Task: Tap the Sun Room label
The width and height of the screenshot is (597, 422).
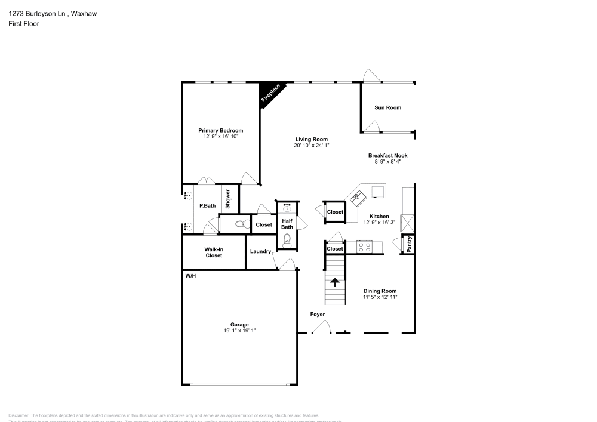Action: pos(387,108)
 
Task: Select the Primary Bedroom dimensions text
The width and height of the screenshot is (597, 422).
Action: pos(220,137)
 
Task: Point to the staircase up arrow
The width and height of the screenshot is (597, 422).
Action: pos(336,281)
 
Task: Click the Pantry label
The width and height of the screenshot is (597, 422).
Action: pos(409,245)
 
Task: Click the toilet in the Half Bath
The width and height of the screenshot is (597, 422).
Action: pos(287,239)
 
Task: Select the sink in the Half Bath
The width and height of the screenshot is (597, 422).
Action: pos(287,208)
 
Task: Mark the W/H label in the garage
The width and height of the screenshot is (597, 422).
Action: pos(190,276)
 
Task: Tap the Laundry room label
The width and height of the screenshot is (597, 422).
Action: pos(261,252)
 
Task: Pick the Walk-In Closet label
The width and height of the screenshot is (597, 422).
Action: pos(214,252)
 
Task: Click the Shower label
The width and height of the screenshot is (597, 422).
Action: pos(227,199)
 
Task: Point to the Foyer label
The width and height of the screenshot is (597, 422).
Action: pos(318,314)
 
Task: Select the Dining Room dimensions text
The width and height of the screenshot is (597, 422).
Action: pos(380,297)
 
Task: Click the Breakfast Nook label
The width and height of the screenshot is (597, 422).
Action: pos(387,155)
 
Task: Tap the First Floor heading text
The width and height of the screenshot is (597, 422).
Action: pos(24,24)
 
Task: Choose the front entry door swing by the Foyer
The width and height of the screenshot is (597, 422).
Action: pos(323,326)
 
